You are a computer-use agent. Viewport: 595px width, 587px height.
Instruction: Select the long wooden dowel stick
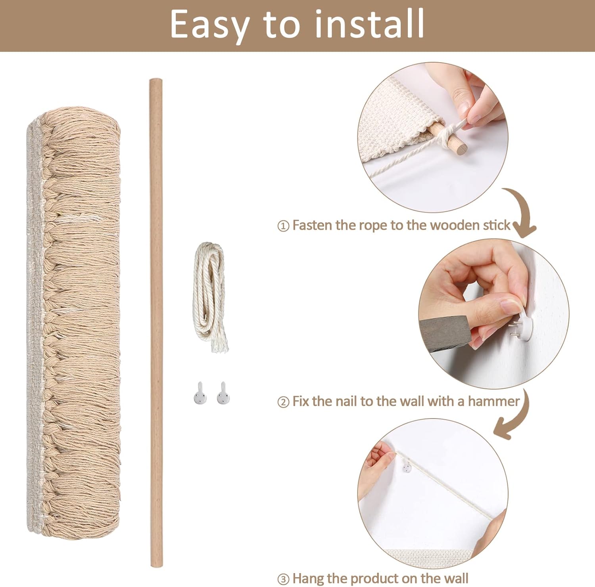156,323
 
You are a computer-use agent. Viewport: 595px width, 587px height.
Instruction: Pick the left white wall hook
200,393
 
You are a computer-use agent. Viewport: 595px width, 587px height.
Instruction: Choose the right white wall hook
224,393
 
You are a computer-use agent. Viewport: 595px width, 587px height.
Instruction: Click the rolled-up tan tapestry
74,321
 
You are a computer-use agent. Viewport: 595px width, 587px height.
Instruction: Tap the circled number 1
283,226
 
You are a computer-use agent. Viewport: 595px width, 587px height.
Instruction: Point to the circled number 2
283,402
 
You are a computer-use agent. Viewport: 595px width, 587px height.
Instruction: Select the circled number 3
283,579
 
